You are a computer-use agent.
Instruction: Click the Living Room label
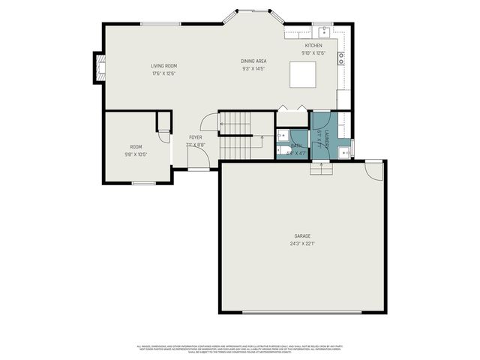(163, 66)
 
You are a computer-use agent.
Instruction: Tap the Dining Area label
(253, 61)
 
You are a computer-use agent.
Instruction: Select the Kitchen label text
(313, 46)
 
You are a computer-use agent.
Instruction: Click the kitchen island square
(303, 75)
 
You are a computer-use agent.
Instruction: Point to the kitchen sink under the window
(323, 31)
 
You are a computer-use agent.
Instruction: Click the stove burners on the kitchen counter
(341, 56)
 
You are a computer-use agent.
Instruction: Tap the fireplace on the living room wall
(97, 68)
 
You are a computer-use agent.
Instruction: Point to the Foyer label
(195, 137)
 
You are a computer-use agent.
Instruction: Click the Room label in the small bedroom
(136, 147)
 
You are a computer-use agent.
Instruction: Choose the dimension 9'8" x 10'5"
(136, 154)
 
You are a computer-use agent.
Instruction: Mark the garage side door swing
(371, 171)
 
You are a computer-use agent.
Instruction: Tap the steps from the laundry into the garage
(322, 168)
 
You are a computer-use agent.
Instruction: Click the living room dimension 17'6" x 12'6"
(163, 73)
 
